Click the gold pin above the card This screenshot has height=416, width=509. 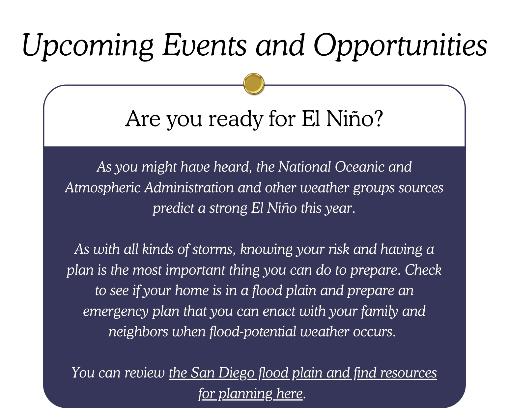pyautogui.click(x=254, y=84)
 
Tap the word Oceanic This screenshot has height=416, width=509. pyautogui.click(x=360, y=167)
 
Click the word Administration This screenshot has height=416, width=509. pyautogui.click(x=189, y=187)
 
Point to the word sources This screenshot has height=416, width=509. pyautogui.click(x=421, y=188)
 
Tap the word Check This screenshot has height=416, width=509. pyautogui.click(x=423, y=270)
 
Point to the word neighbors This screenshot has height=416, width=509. pyautogui.click(x=138, y=332)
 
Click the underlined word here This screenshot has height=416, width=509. pyautogui.click(x=289, y=394)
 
